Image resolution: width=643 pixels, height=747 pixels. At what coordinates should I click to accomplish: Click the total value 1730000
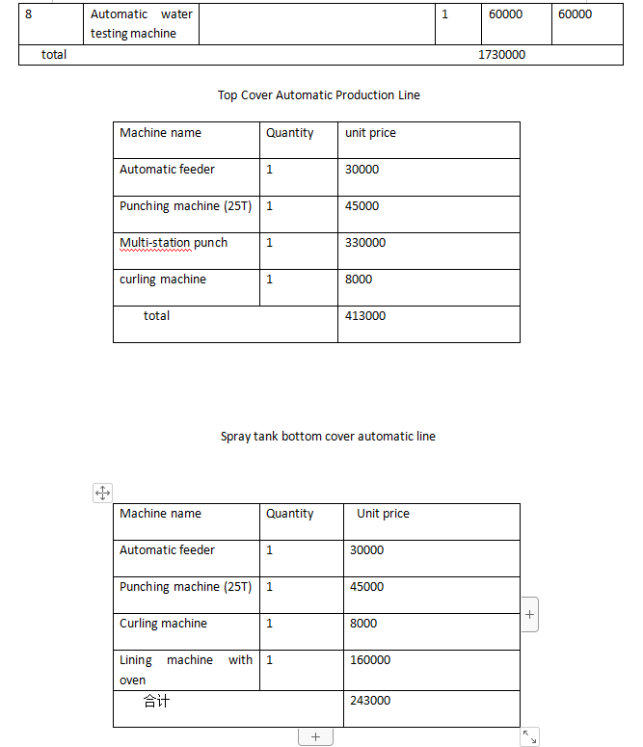pyautogui.click(x=501, y=55)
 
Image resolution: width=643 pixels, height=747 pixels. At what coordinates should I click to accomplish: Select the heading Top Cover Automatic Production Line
pyautogui.click(x=319, y=94)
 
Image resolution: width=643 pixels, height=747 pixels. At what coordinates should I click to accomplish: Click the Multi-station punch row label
pyautogui.click(x=174, y=243)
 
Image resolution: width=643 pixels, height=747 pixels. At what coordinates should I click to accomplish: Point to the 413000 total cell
pyautogui.click(x=365, y=316)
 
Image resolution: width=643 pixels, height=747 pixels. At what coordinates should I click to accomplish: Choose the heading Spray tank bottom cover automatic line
pyautogui.click(x=328, y=437)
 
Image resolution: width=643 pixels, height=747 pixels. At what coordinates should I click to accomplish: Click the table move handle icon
pyautogui.click(x=102, y=494)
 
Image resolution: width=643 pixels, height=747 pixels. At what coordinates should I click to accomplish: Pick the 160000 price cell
pyautogui.click(x=370, y=660)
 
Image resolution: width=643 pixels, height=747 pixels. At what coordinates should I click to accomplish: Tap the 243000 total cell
pyautogui.click(x=370, y=701)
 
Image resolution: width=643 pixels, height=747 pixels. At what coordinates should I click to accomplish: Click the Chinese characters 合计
pyautogui.click(x=156, y=701)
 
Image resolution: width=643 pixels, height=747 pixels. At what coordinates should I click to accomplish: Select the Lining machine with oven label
pyautogui.click(x=186, y=670)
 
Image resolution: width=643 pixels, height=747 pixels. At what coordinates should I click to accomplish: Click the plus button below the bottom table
pyautogui.click(x=315, y=737)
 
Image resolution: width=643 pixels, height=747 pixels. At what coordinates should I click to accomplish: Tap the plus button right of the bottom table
pyautogui.click(x=529, y=614)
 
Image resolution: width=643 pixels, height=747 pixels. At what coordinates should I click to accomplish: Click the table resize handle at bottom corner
pyautogui.click(x=529, y=737)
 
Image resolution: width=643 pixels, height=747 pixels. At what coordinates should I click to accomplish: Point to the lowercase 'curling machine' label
pyautogui.click(x=163, y=280)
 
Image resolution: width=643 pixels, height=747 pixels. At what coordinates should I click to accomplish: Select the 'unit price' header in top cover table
pyautogui.click(x=370, y=133)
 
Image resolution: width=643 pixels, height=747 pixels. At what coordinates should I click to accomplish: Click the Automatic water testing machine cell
pyautogui.click(x=141, y=24)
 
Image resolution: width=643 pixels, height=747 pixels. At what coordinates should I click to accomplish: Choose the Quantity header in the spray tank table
pyautogui.click(x=289, y=514)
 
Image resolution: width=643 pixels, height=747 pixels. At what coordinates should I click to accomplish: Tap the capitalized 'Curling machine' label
pyautogui.click(x=163, y=624)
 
